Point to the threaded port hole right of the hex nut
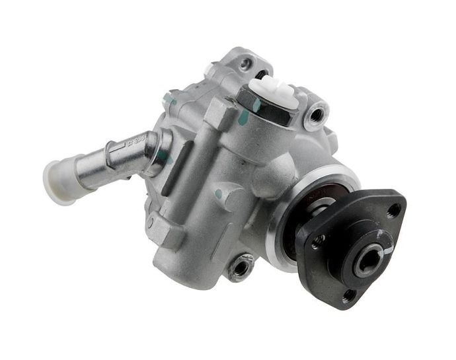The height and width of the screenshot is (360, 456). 316,114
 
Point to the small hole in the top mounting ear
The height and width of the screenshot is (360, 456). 247,63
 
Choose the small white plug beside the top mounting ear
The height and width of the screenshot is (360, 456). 213,68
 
